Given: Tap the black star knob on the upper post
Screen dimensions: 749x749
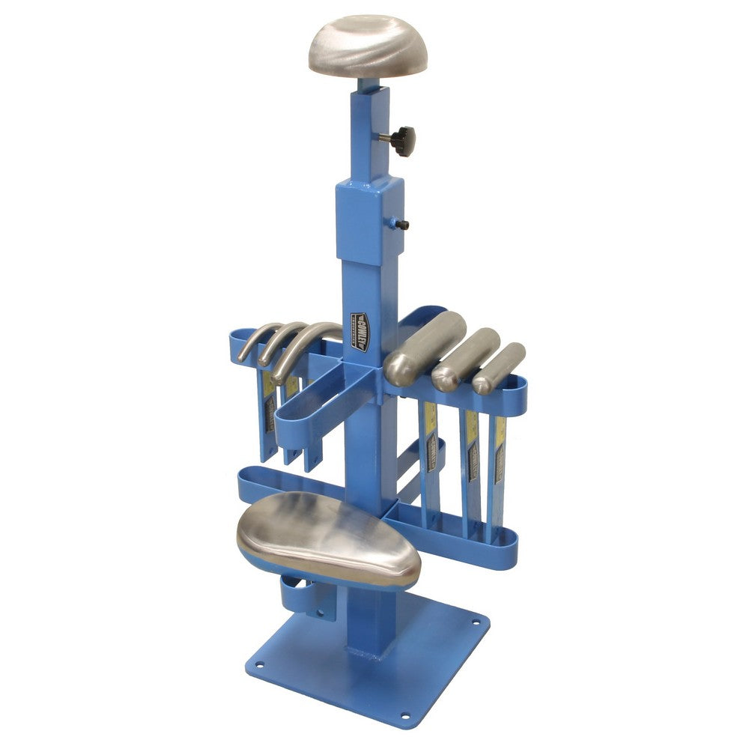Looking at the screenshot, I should pos(402,140).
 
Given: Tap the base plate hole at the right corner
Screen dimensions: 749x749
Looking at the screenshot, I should pos(474,620).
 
